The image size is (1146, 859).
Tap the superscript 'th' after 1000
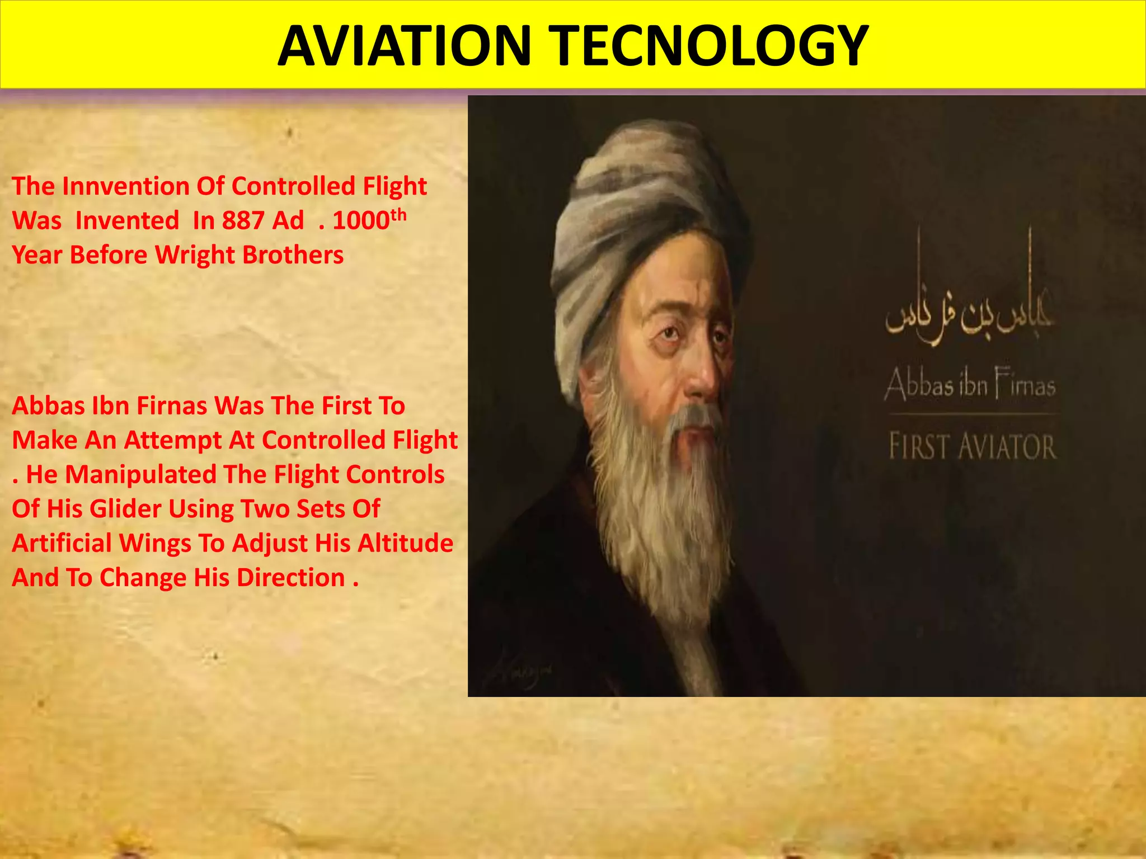click(398, 215)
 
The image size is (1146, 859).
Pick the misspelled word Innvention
click(126, 187)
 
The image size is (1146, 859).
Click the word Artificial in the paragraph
click(62, 544)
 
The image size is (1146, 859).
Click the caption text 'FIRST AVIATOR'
click(973, 446)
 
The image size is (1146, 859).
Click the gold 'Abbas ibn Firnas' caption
click(970, 385)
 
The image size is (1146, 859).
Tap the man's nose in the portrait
click(699, 375)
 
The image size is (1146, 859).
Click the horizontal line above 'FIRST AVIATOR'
click(973, 414)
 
